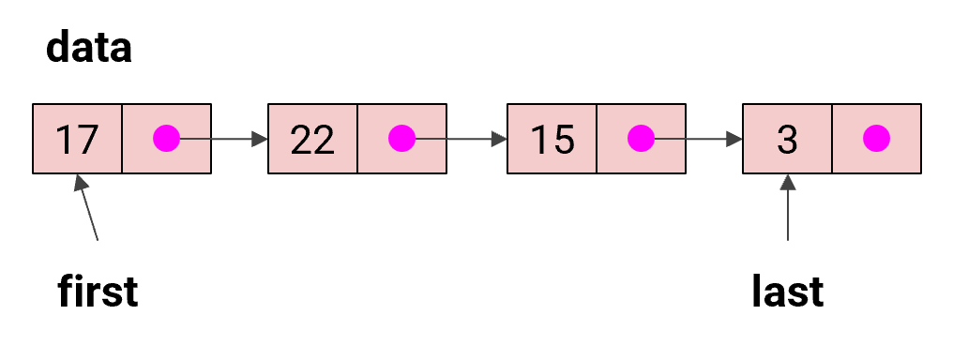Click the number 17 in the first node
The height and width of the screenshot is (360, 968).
click(x=77, y=139)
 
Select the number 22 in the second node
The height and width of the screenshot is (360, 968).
click(x=312, y=139)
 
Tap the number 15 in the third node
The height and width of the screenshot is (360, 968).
click(x=552, y=139)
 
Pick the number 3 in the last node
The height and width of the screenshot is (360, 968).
click(x=787, y=139)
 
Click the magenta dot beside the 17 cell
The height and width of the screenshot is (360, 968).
click(x=167, y=139)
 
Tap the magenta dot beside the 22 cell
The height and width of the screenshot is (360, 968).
click(x=402, y=139)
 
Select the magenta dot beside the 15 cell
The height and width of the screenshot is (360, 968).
click(x=642, y=139)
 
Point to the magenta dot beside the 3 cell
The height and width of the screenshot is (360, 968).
click(x=877, y=139)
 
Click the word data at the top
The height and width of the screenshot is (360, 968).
click(x=89, y=47)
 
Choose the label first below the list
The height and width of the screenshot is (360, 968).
click(x=98, y=292)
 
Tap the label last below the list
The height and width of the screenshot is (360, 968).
click(x=787, y=292)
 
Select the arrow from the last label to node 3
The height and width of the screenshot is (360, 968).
click(x=787, y=211)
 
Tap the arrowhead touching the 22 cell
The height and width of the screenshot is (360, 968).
click(x=260, y=139)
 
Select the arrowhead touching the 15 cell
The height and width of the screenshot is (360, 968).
click(x=498, y=139)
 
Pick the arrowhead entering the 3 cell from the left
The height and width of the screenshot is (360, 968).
click(x=734, y=139)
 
